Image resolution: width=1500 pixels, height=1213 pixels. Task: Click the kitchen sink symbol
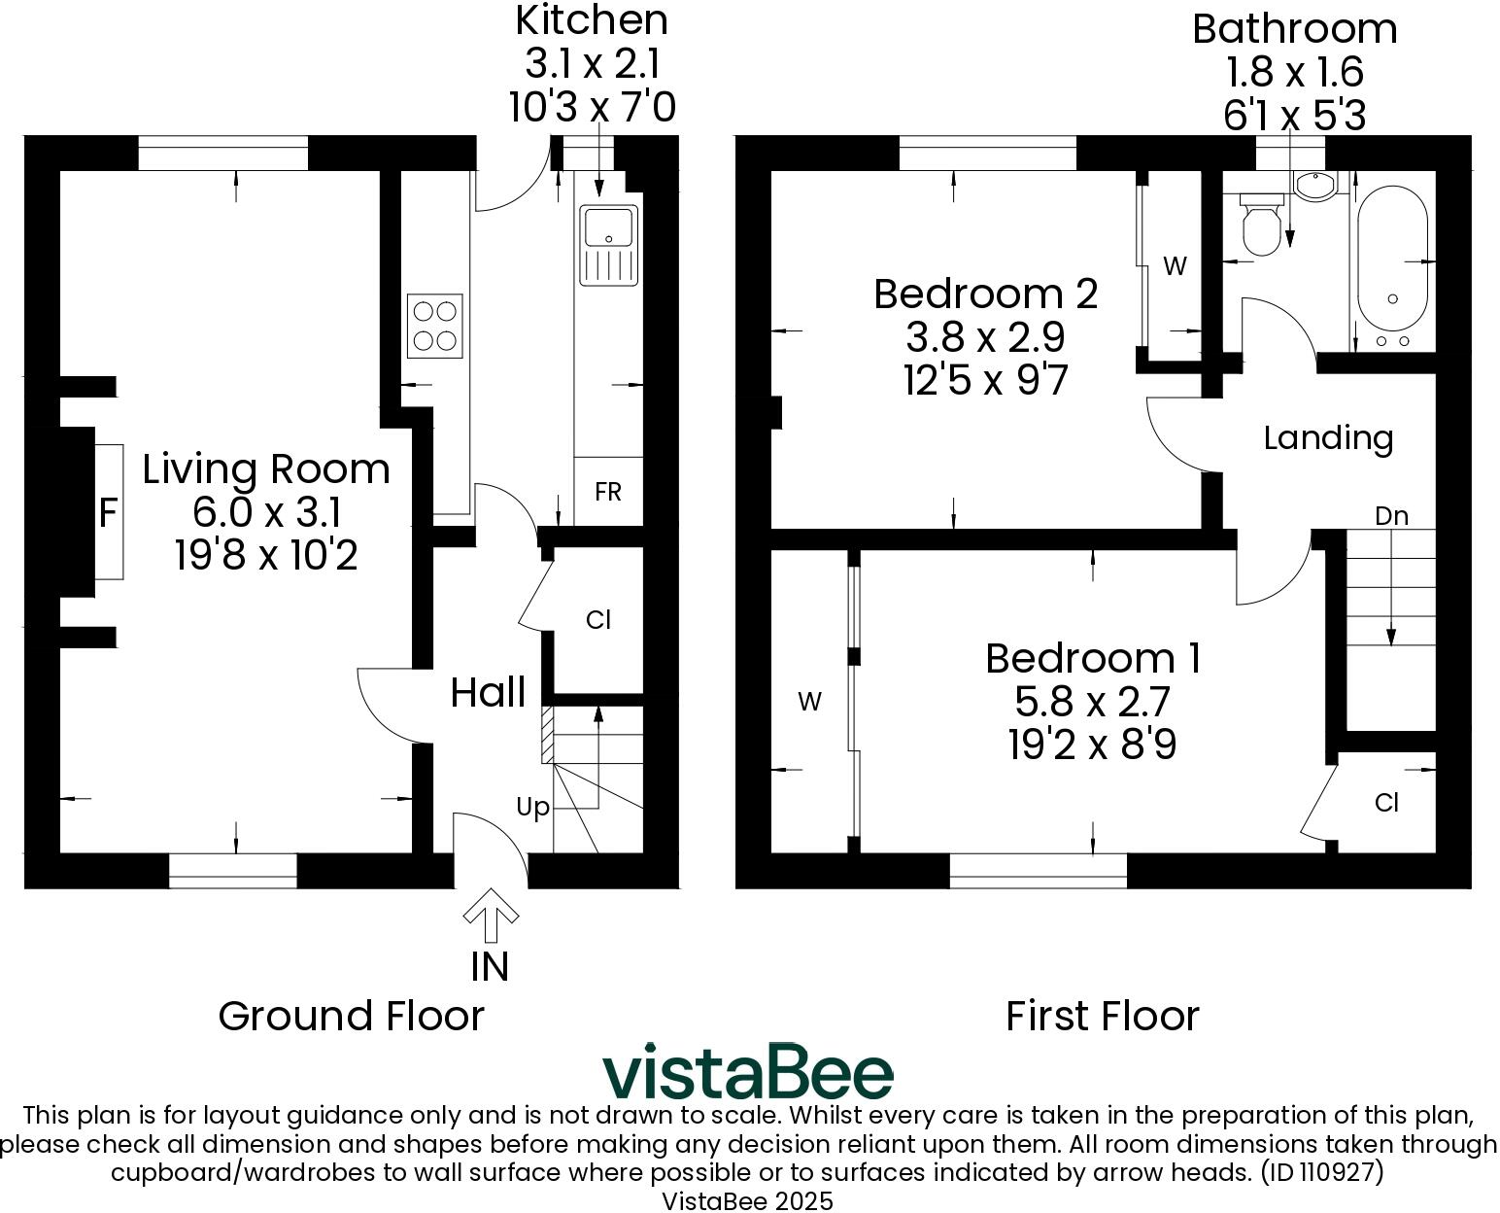608,245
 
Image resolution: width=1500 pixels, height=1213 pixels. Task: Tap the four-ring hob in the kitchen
434,326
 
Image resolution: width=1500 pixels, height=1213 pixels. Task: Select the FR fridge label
608,492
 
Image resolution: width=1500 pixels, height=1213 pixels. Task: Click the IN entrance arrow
491,917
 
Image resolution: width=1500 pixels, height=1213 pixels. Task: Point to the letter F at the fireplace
108,512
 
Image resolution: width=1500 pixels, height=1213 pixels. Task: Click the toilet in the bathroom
1262,225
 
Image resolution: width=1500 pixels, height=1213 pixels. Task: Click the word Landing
1328,438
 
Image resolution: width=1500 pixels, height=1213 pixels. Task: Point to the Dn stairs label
1391,516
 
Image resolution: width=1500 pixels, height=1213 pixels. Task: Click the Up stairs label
532,807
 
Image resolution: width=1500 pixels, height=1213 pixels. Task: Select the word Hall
488,693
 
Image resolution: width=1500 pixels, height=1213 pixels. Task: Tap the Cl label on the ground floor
598,620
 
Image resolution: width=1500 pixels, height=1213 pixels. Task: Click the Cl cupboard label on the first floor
1386,803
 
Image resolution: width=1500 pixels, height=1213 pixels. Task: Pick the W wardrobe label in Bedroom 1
809,701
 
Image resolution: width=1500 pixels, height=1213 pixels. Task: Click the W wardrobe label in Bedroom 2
1175,266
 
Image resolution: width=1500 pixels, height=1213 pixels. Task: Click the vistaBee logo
747,1072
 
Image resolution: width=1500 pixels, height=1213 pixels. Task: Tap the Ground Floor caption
351,1017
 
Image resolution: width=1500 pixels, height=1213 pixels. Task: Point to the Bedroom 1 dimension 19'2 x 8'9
1092,745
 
